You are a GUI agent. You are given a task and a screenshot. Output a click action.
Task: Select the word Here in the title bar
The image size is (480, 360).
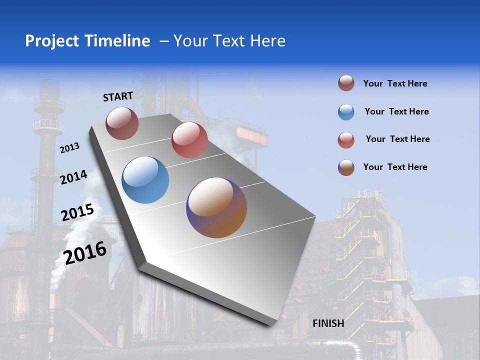(267, 41)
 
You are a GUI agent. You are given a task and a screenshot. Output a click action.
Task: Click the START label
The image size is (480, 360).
(118, 96)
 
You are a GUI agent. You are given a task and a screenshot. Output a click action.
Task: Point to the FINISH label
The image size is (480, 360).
(328, 323)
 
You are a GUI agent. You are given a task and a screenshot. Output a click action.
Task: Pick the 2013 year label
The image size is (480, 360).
(70, 148)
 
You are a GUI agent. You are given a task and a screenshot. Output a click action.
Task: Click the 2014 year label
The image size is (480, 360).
(73, 177)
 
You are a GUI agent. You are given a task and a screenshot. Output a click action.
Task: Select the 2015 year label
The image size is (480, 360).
(77, 212)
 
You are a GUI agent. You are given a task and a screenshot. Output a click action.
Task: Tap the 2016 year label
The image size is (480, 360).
(85, 253)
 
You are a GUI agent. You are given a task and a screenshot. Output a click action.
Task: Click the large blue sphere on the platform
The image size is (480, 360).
(145, 180)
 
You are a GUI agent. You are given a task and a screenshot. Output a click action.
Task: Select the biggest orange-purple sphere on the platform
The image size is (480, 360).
(216, 207)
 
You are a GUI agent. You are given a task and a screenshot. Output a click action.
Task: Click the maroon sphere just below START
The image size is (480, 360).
(122, 123)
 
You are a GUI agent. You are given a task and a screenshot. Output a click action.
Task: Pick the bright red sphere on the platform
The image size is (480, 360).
(189, 140)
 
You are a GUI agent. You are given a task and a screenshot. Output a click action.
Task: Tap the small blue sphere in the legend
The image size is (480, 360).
(346, 112)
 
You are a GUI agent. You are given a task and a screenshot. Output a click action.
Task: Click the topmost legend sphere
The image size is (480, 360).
(346, 83)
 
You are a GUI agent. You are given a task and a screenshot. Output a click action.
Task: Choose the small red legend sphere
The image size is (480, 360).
(346, 140)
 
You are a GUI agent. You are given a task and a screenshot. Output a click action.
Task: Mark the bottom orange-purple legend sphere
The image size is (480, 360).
(346, 167)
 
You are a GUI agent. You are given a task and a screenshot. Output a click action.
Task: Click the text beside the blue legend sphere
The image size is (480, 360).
(396, 111)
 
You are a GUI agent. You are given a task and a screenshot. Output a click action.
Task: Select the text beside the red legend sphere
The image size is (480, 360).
(397, 139)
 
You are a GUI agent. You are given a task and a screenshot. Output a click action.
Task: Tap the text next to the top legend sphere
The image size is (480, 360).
(395, 83)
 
